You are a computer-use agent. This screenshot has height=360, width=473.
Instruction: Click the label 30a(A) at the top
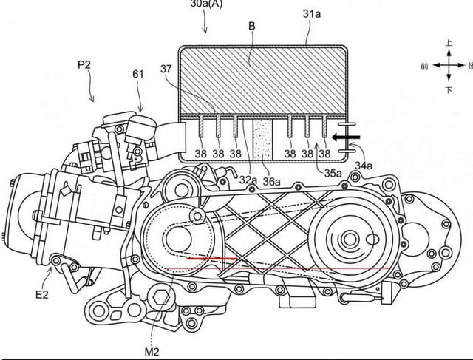(x=206, y=4)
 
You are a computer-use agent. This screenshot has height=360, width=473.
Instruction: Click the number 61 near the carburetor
(x=139, y=75)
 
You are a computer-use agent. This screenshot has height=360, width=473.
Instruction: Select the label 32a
(x=249, y=179)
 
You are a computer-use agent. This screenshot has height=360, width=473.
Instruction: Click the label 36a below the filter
(x=272, y=180)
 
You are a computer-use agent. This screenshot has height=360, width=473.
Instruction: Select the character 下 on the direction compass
(x=449, y=89)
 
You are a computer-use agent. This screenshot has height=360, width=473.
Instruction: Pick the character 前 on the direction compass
(x=423, y=67)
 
